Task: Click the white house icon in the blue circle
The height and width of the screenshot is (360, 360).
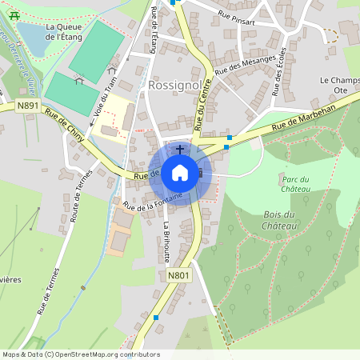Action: pyautogui.click(x=180, y=172)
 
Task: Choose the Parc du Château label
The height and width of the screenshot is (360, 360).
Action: pyautogui.click(x=295, y=184)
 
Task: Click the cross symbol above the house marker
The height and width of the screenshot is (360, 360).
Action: pyautogui.click(x=180, y=149)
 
